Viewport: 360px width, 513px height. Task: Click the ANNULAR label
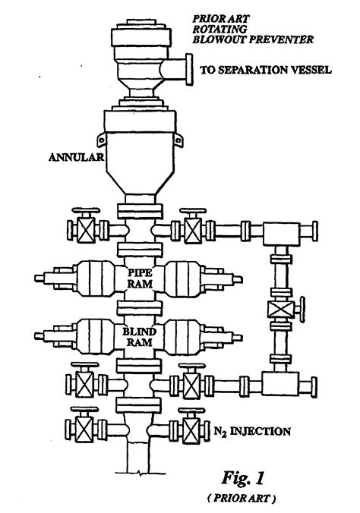tap(76, 157)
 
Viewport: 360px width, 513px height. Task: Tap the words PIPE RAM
tap(140, 278)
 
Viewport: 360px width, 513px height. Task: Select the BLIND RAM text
tap(140, 337)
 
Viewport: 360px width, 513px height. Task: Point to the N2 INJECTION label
tap(252, 431)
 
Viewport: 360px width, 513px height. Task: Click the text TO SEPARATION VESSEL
tap(266, 70)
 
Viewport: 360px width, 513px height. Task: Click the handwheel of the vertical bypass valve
tap(302, 310)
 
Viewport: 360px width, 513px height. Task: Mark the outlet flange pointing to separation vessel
tap(189, 69)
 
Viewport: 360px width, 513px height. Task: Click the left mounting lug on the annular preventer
tap(102, 140)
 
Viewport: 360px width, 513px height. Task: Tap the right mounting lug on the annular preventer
tap(178, 140)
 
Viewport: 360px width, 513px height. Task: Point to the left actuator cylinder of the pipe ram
tap(95, 279)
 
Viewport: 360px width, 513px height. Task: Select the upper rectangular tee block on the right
tap(281, 233)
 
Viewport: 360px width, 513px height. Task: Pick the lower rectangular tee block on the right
tap(280, 383)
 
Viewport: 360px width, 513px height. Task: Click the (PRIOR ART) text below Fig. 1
tap(242, 499)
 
